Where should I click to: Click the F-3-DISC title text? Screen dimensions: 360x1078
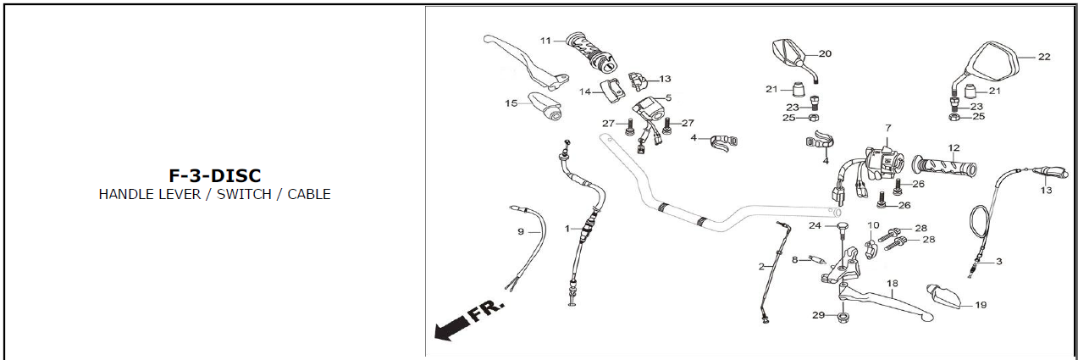pyautogui.click(x=215, y=175)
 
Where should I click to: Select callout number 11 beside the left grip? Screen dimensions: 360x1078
pyautogui.click(x=545, y=41)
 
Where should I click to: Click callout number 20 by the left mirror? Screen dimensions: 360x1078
pyautogui.click(x=825, y=53)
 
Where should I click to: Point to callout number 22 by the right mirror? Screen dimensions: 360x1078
pyautogui.click(x=1044, y=57)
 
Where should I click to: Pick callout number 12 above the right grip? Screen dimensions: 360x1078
pyautogui.click(x=954, y=147)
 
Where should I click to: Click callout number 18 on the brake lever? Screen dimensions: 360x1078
pyautogui.click(x=892, y=282)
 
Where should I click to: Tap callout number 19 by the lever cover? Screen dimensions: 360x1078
pyautogui.click(x=981, y=305)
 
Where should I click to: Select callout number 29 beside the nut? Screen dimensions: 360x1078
pyautogui.click(x=818, y=315)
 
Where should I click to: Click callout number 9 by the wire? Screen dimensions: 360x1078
pyautogui.click(x=521, y=230)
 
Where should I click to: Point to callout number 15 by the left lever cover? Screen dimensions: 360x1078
pyautogui.click(x=511, y=103)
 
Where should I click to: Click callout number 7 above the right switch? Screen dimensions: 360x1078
pyautogui.click(x=888, y=128)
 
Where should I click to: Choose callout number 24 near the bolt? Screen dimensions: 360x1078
pyautogui.click(x=815, y=225)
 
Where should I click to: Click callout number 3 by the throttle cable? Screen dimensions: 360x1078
pyautogui.click(x=999, y=262)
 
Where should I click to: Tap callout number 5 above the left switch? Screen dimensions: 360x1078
pyautogui.click(x=668, y=98)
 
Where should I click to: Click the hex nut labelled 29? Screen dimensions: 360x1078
pyautogui.click(x=843, y=318)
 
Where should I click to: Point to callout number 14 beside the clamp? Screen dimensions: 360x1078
pyautogui.click(x=584, y=91)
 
